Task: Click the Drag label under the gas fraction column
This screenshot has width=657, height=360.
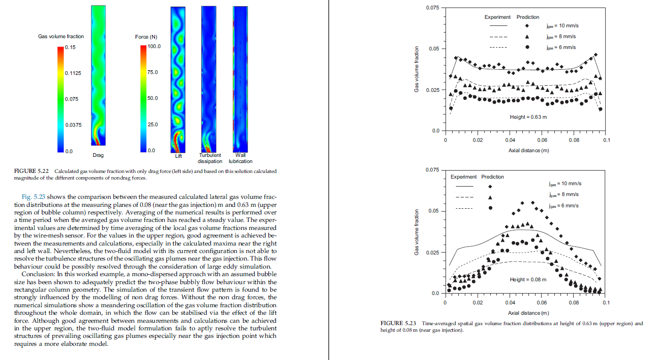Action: [x=98, y=155]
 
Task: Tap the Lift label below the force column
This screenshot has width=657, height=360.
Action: [x=178, y=156]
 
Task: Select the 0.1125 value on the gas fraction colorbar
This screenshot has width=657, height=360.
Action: [x=73, y=73]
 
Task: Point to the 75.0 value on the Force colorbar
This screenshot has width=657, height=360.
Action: [x=153, y=72]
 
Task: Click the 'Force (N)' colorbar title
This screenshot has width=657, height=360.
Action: [x=146, y=37]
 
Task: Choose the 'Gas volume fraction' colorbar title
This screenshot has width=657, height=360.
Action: [x=61, y=36]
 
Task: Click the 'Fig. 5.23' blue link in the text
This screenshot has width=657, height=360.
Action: [x=33, y=196]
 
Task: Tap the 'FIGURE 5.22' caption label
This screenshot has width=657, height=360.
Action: [x=32, y=171]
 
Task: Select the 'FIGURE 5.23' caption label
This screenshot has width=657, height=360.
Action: [x=398, y=323]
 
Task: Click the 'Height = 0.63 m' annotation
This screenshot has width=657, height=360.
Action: [x=528, y=117]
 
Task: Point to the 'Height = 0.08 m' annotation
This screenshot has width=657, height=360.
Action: [x=528, y=279]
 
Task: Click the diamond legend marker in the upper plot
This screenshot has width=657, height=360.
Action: [x=527, y=26]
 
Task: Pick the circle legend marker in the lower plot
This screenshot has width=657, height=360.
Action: [x=490, y=208]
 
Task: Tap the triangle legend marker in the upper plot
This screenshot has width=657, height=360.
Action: [x=527, y=37]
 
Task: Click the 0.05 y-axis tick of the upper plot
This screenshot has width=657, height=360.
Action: [x=434, y=49]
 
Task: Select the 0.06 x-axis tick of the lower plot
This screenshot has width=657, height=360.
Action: [x=542, y=303]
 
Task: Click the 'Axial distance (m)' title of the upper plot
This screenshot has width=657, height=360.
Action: [x=528, y=150]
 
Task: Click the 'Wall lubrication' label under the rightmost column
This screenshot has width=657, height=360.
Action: [x=241, y=158]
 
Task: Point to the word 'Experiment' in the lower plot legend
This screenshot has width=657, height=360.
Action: [x=464, y=177]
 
